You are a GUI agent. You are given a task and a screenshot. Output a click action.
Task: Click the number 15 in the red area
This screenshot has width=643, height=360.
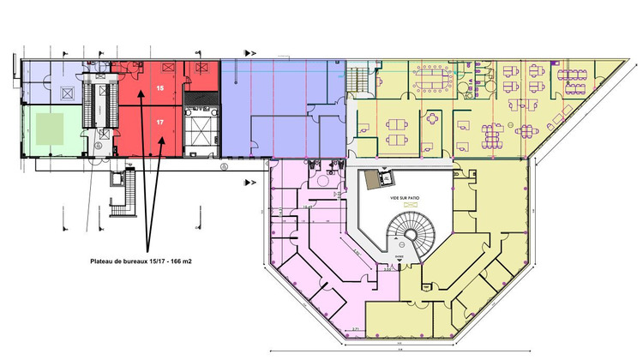(x=159, y=87)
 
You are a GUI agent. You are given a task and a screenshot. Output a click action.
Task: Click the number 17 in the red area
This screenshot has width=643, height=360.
(x=159, y=122)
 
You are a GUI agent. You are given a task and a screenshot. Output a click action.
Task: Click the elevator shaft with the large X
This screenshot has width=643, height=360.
(x=201, y=132)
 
